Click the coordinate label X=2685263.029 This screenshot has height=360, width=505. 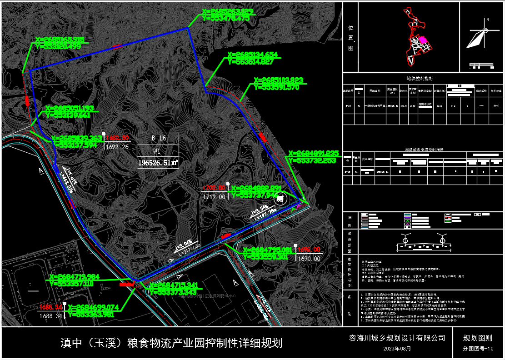[x=227, y=11]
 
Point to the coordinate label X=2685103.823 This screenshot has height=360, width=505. [x=279, y=80]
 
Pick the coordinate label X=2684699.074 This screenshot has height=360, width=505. [x=93, y=307]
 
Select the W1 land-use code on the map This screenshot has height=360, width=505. [x=158, y=150]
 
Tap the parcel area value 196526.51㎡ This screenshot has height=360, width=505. [x=158, y=162]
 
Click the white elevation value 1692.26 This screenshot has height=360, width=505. [x=117, y=147]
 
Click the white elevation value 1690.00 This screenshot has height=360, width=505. [x=309, y=258]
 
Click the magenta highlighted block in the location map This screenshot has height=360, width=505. [x=423, y=40]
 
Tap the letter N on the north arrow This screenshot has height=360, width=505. [x=487, y=20]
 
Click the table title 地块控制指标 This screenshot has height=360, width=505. [x=423, y=78]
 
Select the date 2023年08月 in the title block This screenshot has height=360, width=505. [x=397, y=349]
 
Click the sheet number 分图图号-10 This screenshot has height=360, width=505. [x=478, y=349]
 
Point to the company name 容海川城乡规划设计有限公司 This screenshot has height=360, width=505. [x=397, y=338]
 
